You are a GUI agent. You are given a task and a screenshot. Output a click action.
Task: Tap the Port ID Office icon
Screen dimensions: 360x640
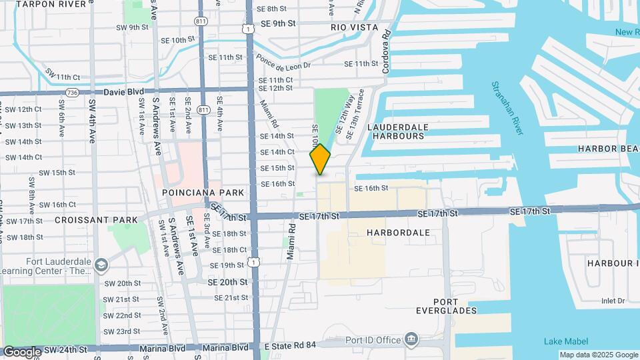(x=411, y=340)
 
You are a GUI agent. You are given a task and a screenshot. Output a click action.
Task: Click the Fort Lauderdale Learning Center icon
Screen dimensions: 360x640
(x=101, y=265)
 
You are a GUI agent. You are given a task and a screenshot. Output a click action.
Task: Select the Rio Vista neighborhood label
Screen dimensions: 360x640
(x=354, y=27)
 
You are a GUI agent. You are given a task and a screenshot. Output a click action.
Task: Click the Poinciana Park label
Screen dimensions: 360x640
(x=193, y=192)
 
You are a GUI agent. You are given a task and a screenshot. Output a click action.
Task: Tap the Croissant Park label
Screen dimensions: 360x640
(x=96, y=219)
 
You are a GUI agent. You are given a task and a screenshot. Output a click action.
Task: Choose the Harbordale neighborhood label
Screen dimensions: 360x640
(x=398, y=233)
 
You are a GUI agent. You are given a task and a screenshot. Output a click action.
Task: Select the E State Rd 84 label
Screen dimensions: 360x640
(x=289, y=346)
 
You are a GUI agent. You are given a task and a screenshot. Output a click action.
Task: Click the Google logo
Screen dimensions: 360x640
(x=22, y=351)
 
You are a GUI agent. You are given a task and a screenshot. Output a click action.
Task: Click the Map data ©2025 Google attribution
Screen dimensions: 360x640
(x=598, y=355)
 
